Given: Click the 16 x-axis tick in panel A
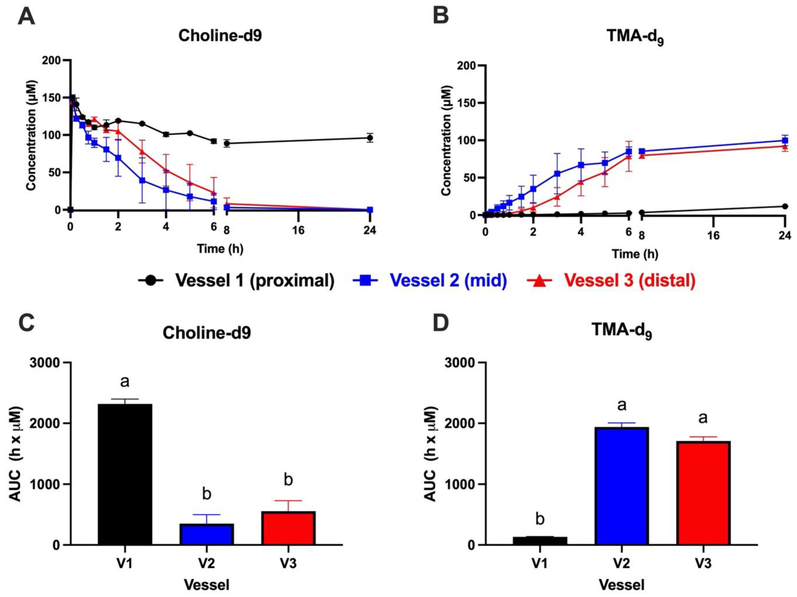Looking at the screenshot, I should point(298,230).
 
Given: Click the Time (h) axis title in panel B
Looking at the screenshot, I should point(635,254).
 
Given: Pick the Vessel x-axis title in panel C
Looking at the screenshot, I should point(206,585).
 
